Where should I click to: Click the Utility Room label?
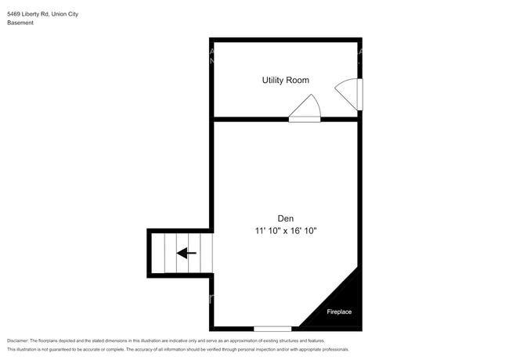285,80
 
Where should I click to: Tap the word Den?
285,218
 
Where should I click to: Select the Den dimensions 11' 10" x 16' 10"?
285,231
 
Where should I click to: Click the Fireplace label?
339,312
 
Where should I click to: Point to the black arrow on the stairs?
186,253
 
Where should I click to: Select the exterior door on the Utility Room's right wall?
350,94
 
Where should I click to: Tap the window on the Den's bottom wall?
273,328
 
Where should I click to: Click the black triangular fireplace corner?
345,301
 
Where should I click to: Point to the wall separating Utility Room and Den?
251,119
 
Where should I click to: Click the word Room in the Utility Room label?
298,80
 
